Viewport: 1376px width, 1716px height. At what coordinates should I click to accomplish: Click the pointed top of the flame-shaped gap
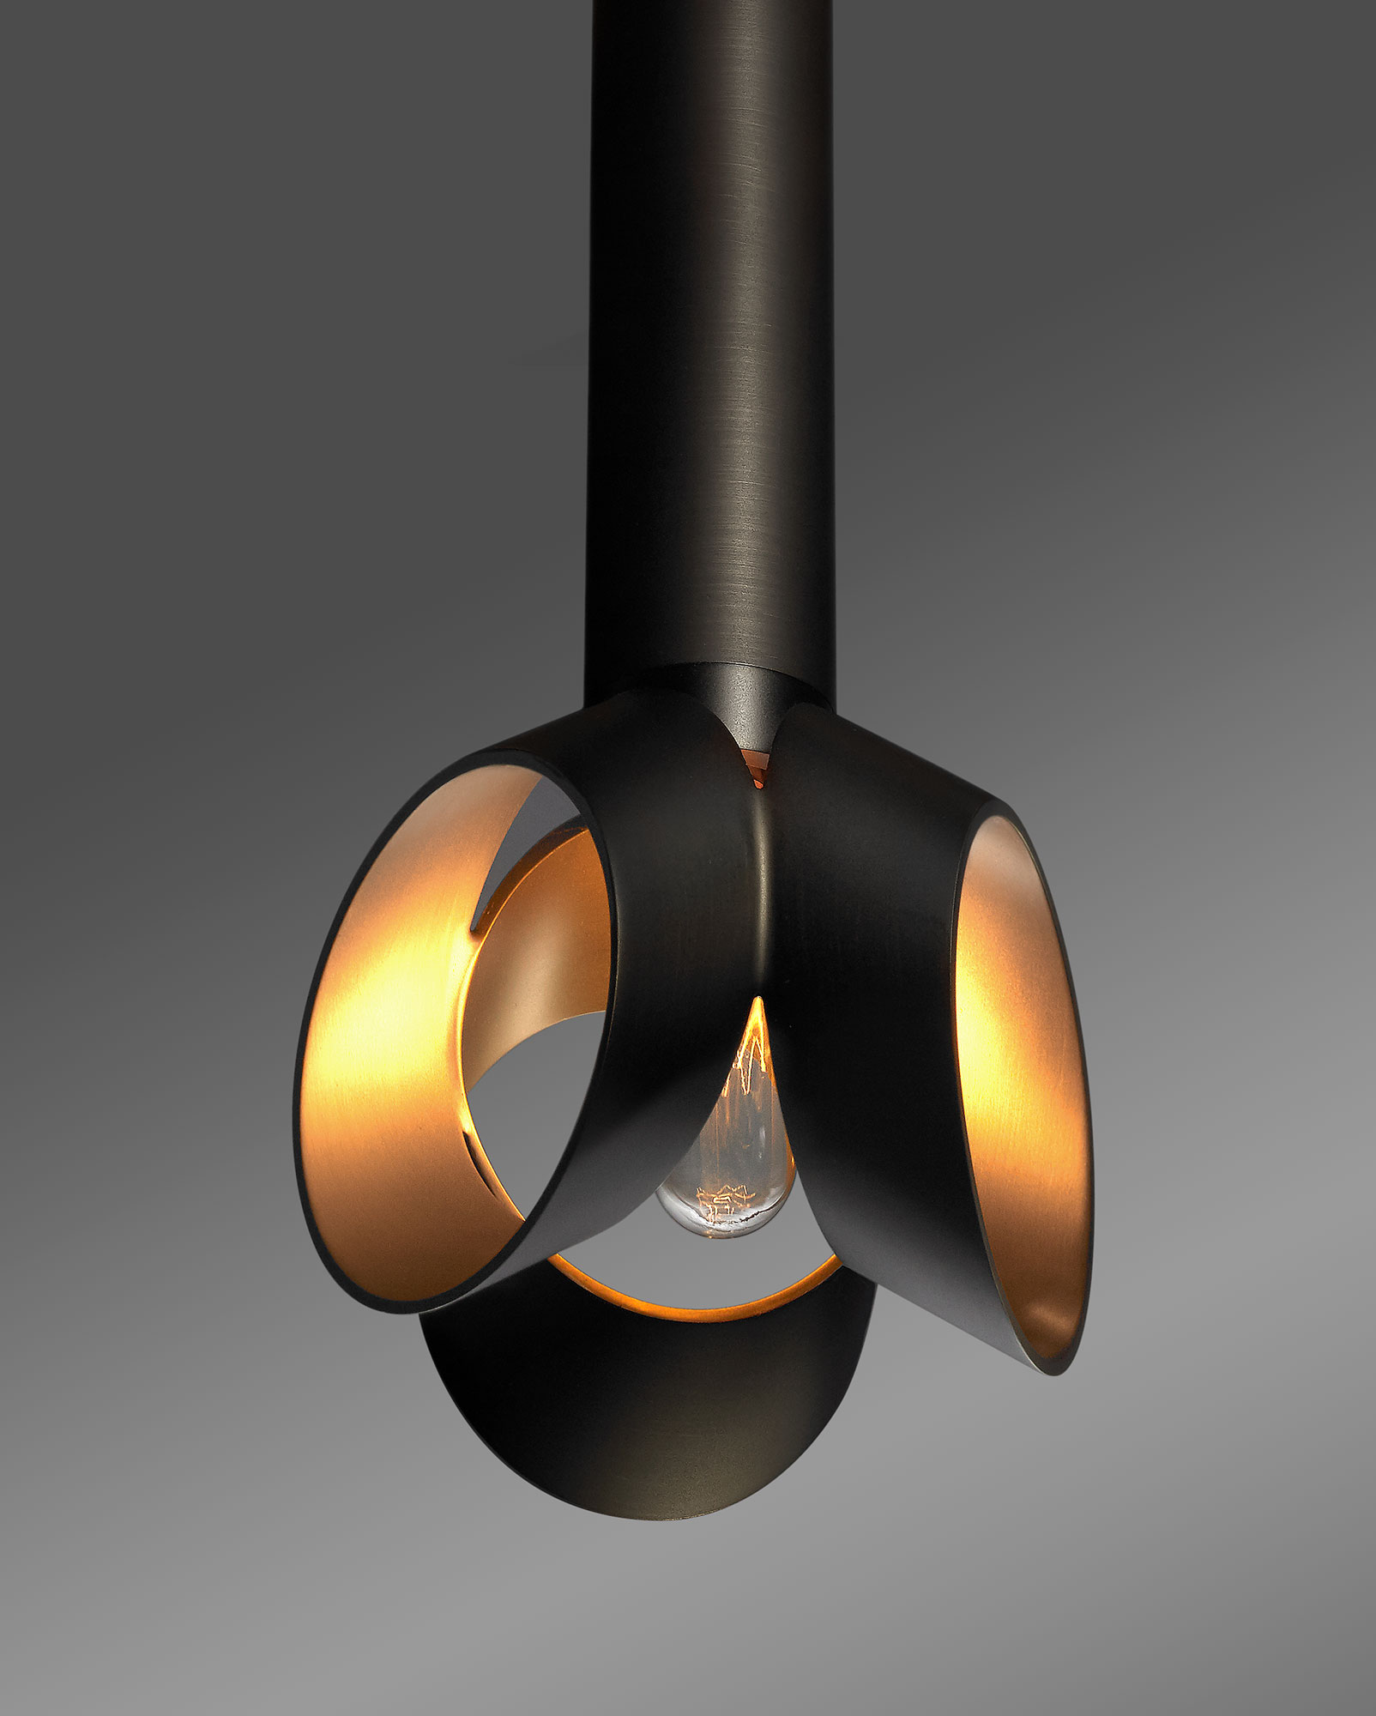click(x=757, y=1000)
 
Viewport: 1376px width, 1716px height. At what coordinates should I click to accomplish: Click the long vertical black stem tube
click(x=708, y=343)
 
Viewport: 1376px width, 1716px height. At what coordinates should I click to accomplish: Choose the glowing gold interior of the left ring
click(x=386, y=1030)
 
